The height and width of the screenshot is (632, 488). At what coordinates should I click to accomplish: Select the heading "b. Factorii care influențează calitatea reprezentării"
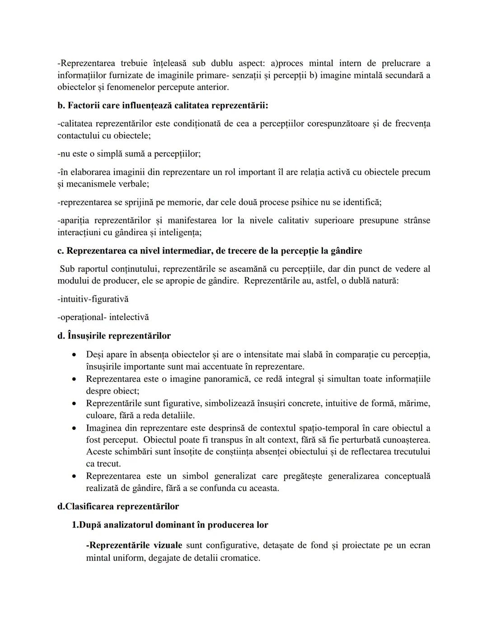(163, 105)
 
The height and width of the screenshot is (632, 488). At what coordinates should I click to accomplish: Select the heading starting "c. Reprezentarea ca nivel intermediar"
(210, 251)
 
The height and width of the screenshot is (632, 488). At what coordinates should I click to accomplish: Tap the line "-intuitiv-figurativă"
(93, 299)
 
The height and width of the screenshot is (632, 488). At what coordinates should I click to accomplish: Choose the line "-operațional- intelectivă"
(103, 317)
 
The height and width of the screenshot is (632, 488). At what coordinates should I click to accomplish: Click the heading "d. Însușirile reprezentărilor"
(114, 336)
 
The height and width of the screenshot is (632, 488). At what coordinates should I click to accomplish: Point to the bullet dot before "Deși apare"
(74, 355)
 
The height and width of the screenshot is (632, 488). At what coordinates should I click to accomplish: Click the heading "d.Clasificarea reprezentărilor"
(118, 506)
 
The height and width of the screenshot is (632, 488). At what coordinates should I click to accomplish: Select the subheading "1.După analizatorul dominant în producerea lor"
(170, 525)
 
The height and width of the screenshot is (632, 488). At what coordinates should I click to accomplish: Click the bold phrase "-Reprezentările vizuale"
(134, 546)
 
